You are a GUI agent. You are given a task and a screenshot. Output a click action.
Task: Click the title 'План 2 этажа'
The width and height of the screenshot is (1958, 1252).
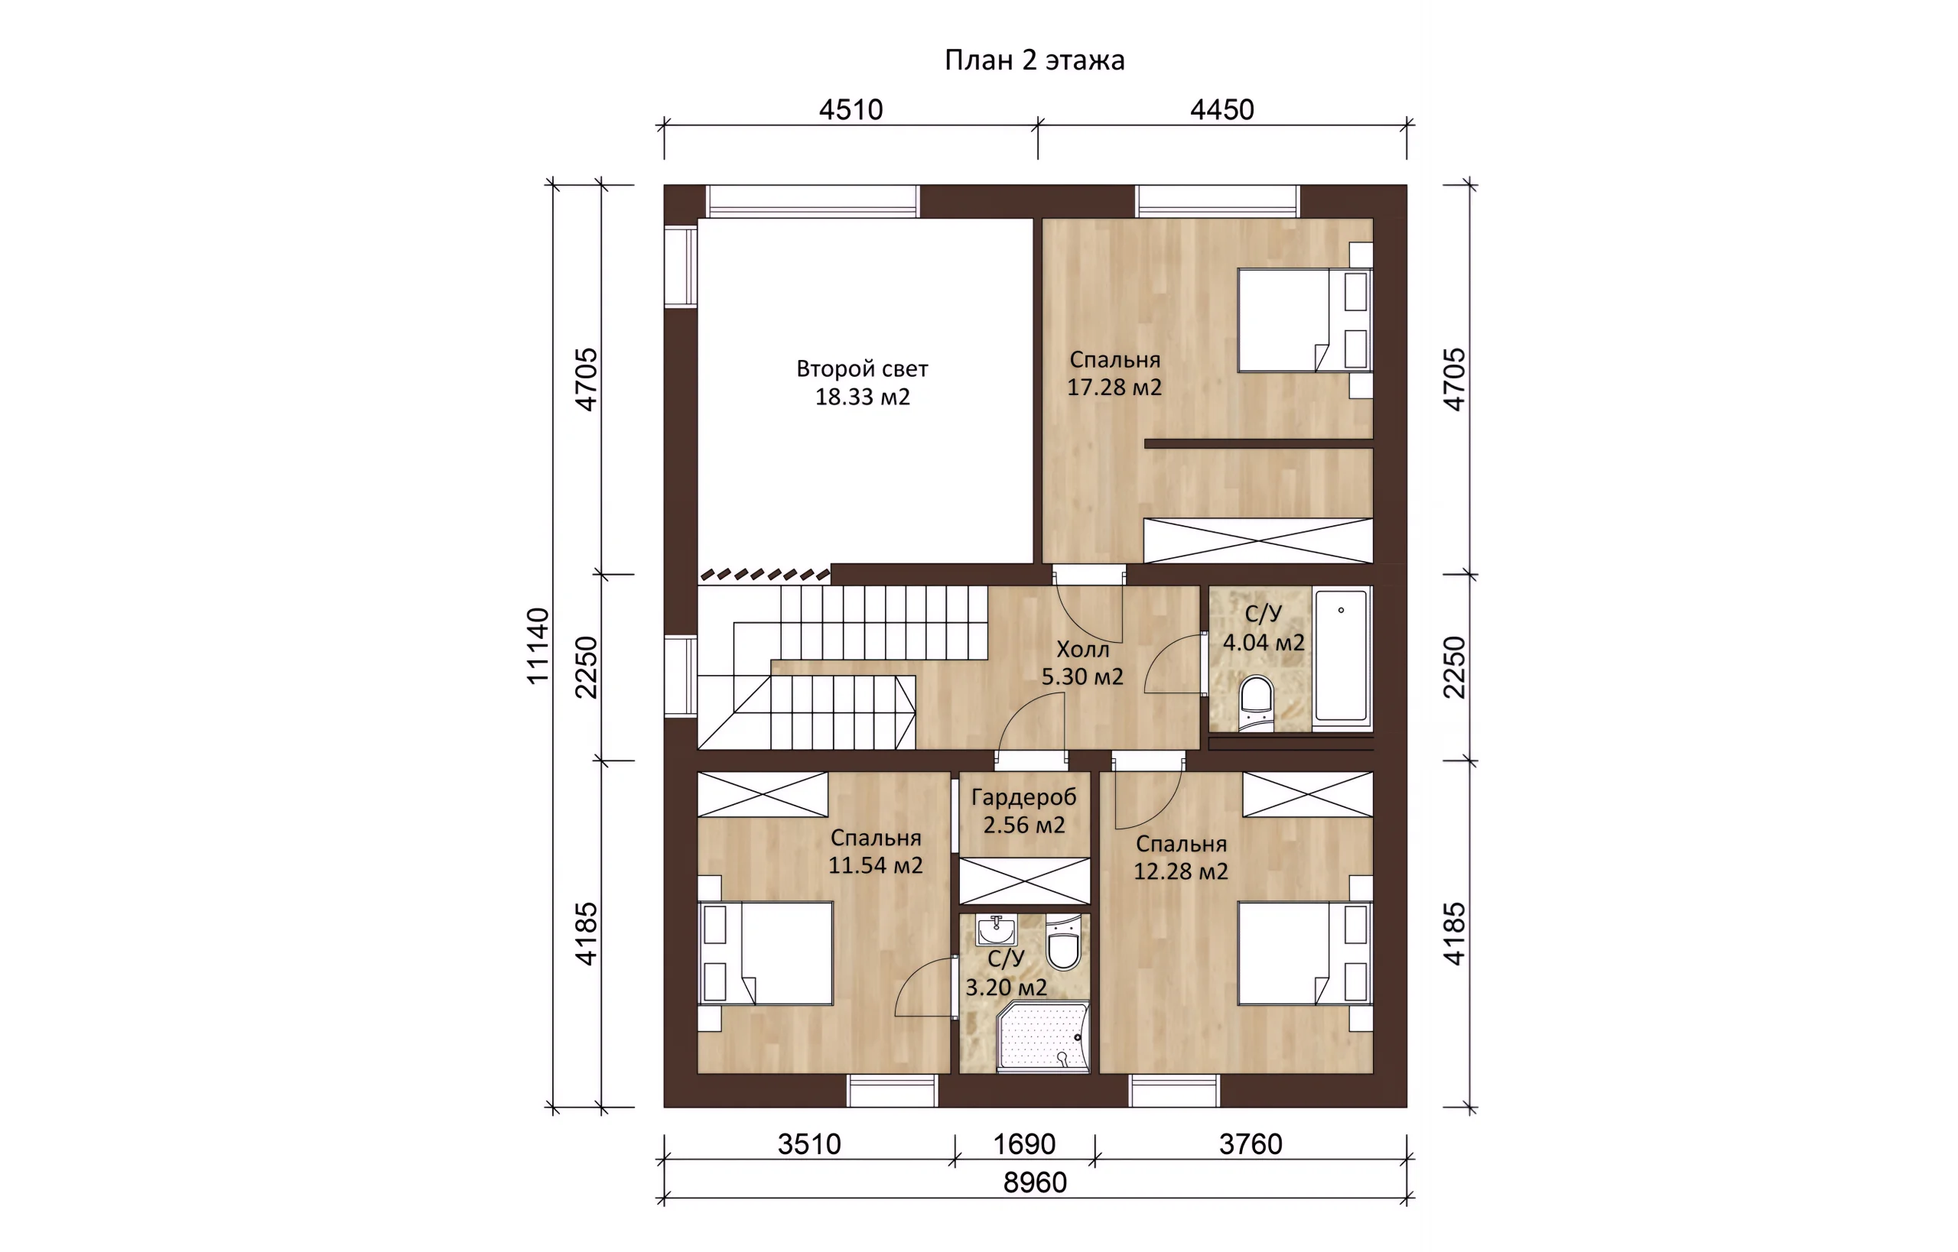coord(1034,60)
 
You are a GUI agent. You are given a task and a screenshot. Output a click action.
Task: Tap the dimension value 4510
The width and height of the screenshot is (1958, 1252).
coord(851,110)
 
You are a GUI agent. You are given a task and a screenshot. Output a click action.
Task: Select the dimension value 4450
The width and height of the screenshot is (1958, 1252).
coord(1221,110)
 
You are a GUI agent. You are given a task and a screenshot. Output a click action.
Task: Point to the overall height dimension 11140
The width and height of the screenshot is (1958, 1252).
coord(538,646)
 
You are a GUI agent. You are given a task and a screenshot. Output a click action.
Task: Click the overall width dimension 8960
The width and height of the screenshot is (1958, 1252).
coord(1035,1182)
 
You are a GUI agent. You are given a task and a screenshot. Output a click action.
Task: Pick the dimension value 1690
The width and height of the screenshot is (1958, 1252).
coord(1024,1144)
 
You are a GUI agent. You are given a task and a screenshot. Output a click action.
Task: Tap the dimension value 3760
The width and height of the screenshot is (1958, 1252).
coord(1251,1144)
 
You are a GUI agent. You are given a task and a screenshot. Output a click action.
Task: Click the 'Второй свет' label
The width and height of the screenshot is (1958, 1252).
coord(862,369)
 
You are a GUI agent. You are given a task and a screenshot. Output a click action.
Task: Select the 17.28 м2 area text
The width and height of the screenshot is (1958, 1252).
coord(1114,388)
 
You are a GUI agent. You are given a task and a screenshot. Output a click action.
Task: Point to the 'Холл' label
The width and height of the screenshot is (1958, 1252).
coord(1083,649)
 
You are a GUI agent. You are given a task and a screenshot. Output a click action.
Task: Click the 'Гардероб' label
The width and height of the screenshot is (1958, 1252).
coord(1024,797)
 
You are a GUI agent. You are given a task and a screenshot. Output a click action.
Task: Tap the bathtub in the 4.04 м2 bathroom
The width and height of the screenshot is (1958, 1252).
coord(1342,655)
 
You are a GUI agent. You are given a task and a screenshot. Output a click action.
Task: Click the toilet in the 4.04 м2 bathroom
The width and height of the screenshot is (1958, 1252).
coord(1257,703)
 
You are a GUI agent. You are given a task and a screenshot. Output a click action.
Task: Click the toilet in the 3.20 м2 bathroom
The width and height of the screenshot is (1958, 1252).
coord(1063,944)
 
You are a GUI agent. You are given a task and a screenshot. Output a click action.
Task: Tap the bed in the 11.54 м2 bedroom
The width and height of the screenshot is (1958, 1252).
coord(766,953)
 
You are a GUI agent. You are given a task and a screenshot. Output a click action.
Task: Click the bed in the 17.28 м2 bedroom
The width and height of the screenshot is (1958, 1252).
coord(1305,320)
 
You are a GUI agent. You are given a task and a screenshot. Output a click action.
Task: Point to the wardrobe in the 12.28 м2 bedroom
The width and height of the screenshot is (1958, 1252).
coord(1307,794)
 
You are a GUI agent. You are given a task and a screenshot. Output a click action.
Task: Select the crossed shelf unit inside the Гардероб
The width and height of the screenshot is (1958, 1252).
coord(1024,881)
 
